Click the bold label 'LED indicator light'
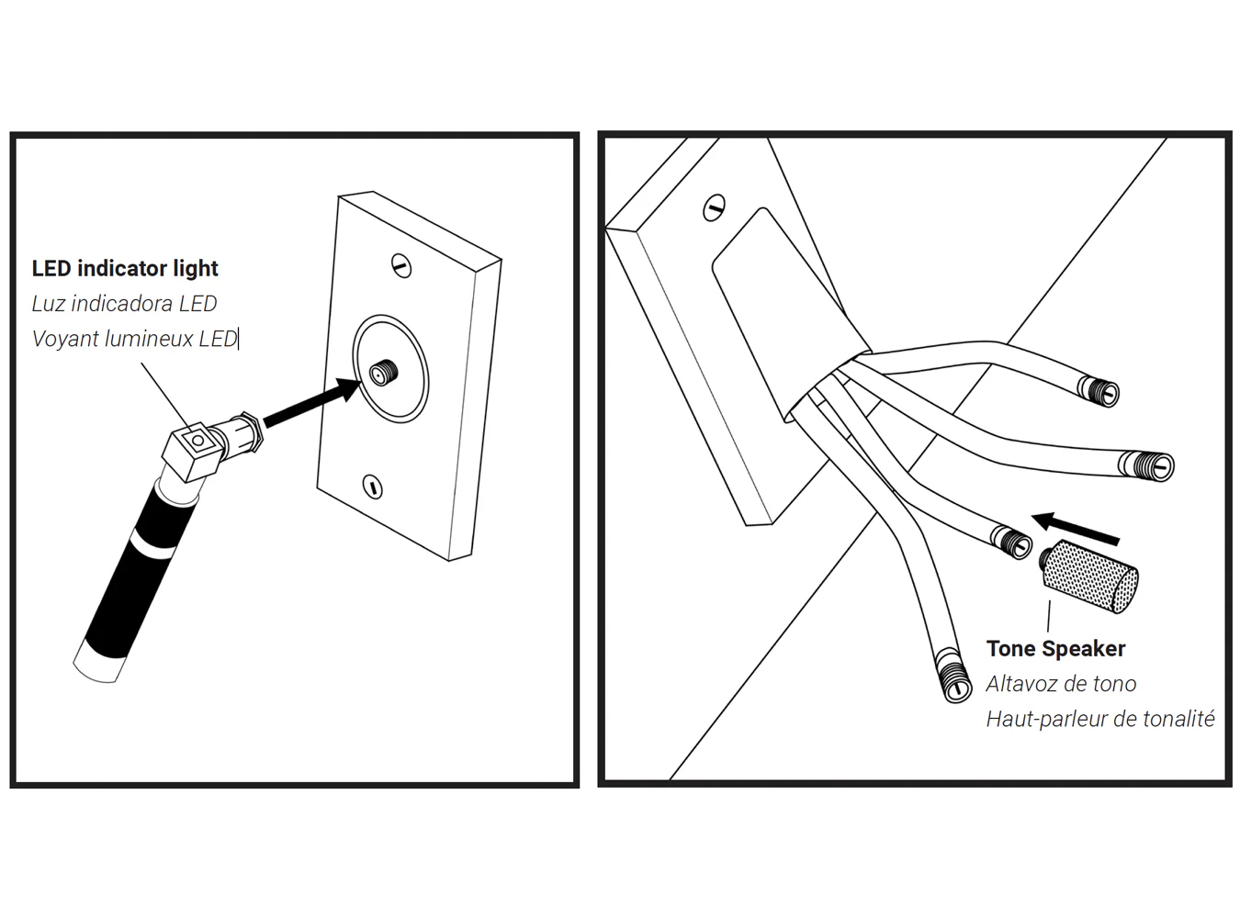click(x=125, y=268)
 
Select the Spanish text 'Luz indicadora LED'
click(x=124, y=303)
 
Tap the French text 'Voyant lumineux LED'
click(x=134, y=339)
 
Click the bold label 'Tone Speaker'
click(x=1055, y=648)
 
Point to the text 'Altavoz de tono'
click(x=1061, y=684)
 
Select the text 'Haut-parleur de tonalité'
click(x=1099, y=719)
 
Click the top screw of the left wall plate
click(x=400, y=265)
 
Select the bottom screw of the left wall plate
click(x=372, y=486)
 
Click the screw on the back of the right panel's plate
click(x=714, y=208)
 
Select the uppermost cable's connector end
click(x=1100, y=391)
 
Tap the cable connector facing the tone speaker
click(x=1012, y=541)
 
